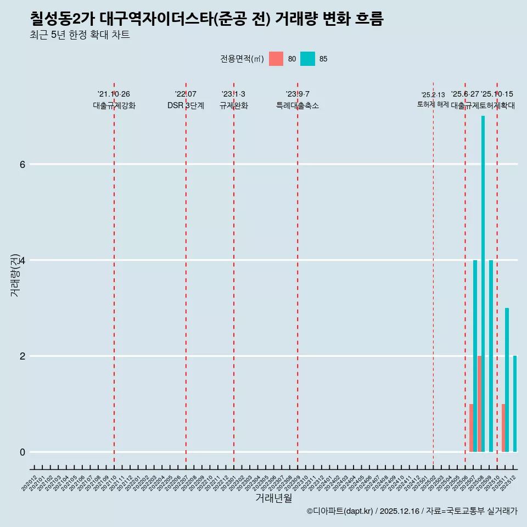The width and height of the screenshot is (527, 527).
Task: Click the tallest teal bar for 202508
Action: pyautogui.click(x=483, y=283)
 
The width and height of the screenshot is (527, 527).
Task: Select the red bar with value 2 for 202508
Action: pyautogui.click(x=479, y=403)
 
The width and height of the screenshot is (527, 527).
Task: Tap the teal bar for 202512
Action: pyautogui.click(x=515, y=403)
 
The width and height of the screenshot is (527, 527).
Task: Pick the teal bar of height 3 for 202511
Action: pyautogui.click(x=507, y=379)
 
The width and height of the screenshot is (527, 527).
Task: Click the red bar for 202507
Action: pyautogui.click(x=471, y=428)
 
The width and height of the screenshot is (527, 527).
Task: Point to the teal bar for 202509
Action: pyautogui.click(x=491, y=356)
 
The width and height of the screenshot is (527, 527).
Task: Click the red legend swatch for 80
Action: pyautogui.click(x=276, y=59)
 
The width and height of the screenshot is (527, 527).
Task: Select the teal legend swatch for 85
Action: pyautogui.click(x=307, y=59)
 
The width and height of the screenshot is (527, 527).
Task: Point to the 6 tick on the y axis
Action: pyautogui.click(x=23, y=164)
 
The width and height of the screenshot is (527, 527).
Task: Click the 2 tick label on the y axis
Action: pyautogui.click(x=23, y=356)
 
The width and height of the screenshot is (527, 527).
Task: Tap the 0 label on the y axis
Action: pyautogui.click(x=23, y=452)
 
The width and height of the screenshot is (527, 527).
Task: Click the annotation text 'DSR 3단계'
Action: pyautogui.click(x=186, y=105)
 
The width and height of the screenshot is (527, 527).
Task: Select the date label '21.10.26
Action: pyautogui.click(x=114, y=94)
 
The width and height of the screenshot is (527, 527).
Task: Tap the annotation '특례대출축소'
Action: pyautogui.click(x=297, y=105)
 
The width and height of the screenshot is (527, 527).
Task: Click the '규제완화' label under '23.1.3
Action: pyautogui.click(x=233, y=105)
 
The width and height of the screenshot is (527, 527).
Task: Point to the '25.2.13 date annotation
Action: pyautogui.click(x=433, y=95)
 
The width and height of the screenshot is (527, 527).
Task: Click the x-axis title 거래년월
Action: pyautogui.click(x=273, y=498)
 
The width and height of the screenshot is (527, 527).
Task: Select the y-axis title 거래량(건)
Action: pyautogui.click(x=15, y=274)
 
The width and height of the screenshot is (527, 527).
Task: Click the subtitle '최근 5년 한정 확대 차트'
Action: pyautogui.click(x=80, y=35)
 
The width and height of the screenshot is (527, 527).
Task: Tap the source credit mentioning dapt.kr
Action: pyautogui.click(x=412, y=511)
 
